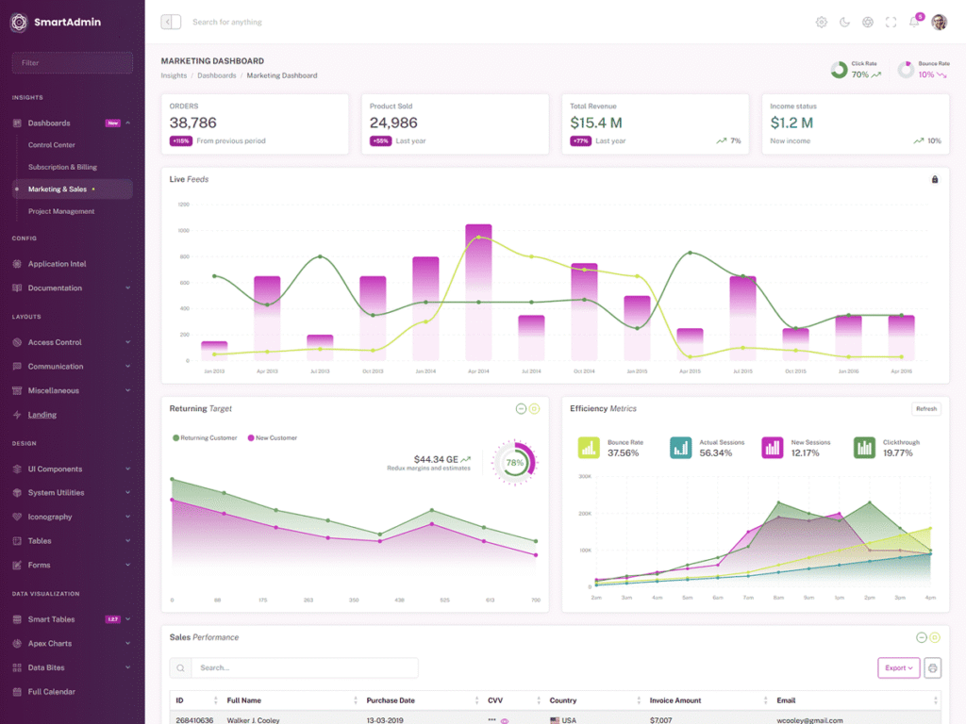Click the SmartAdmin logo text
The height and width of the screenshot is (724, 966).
(x=67, y=22)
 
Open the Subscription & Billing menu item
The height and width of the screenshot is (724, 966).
(x=62, y=167)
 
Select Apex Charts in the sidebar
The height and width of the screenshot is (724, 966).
(x=49, y=644)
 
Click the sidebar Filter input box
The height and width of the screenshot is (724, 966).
(x=72, y=62)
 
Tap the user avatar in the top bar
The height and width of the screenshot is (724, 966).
(x=939, y=22)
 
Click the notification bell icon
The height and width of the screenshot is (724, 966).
(x=913, y=23)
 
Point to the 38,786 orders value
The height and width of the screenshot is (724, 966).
(x=193, y=123)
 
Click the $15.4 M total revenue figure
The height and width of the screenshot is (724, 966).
(x=596, y=123)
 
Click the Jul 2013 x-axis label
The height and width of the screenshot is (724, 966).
(x=320, y=371)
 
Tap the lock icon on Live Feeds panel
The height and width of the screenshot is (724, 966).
(x=935, y=179)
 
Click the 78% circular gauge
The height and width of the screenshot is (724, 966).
(x=515, y=463)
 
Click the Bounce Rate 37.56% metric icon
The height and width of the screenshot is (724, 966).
(x=589, y=448)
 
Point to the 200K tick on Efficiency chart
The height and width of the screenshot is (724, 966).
(x=583, y=514)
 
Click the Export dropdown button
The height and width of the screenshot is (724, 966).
(x=898, y=667)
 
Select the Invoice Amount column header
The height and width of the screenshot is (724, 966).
(x=675, y=700)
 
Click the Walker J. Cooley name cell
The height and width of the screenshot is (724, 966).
(x=254, y=720)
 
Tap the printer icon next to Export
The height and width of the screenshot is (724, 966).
(x=933, y=667)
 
